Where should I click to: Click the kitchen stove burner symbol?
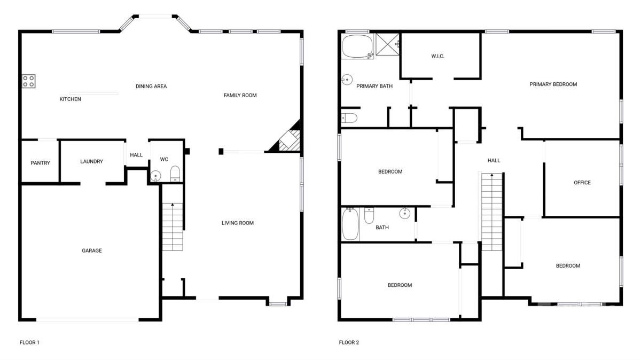coord(29,81)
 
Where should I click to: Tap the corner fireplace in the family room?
coord(287,138)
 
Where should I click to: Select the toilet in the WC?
coord(175,174)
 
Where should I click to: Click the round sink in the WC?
coord(155,176)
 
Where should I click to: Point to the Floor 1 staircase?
coord(173,226)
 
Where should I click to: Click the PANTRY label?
coord(41,163)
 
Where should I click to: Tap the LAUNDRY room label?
coord(91,161)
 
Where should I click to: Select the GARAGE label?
coord(92,251)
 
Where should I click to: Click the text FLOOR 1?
coord(29,342)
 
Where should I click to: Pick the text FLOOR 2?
coord(349,342)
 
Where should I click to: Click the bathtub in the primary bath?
coord(358,46)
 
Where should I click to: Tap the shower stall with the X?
coord(387,44)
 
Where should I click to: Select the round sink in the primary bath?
coord(347,80)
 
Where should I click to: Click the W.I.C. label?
coord(438,56)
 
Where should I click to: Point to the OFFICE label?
coord(582,183)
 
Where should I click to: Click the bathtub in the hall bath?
coord(350,224)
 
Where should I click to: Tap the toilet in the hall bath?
coord(369,216)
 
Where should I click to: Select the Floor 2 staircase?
coord(492,212)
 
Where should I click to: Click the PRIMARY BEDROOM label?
coord(553,84)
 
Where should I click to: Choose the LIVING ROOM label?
coord(238,223)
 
